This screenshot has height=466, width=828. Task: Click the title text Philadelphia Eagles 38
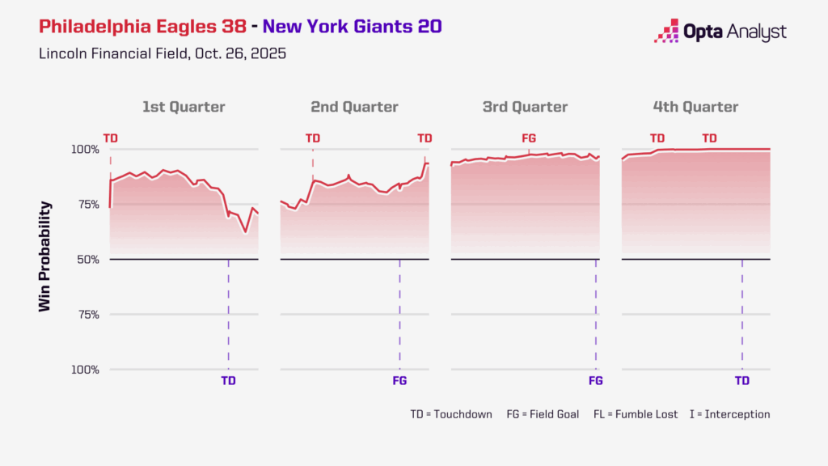point(142,27)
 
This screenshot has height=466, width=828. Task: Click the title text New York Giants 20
point(352,27)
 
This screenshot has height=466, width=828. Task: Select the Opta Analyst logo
point(720,32)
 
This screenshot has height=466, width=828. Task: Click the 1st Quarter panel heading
point(184,107)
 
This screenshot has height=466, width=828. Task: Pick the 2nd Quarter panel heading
point(354,107)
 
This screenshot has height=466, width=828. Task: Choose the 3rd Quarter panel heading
point(524,107)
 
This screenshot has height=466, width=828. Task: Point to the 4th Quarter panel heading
point(695,107)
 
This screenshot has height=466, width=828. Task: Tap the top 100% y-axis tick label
point(83,150)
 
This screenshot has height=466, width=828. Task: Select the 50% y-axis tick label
point(87,260)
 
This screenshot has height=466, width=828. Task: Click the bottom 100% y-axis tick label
point(83,370)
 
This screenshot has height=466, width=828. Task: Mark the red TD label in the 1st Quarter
point(110,138)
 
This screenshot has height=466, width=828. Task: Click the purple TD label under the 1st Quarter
point(229,380)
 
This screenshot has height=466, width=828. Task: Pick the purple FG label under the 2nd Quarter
point(399,380)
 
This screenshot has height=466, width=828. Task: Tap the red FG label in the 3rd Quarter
point(529,138)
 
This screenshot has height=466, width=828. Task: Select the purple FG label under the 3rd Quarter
point(596,380)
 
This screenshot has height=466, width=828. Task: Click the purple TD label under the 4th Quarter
point(741,380)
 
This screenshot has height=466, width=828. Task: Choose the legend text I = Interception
point(729,414)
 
